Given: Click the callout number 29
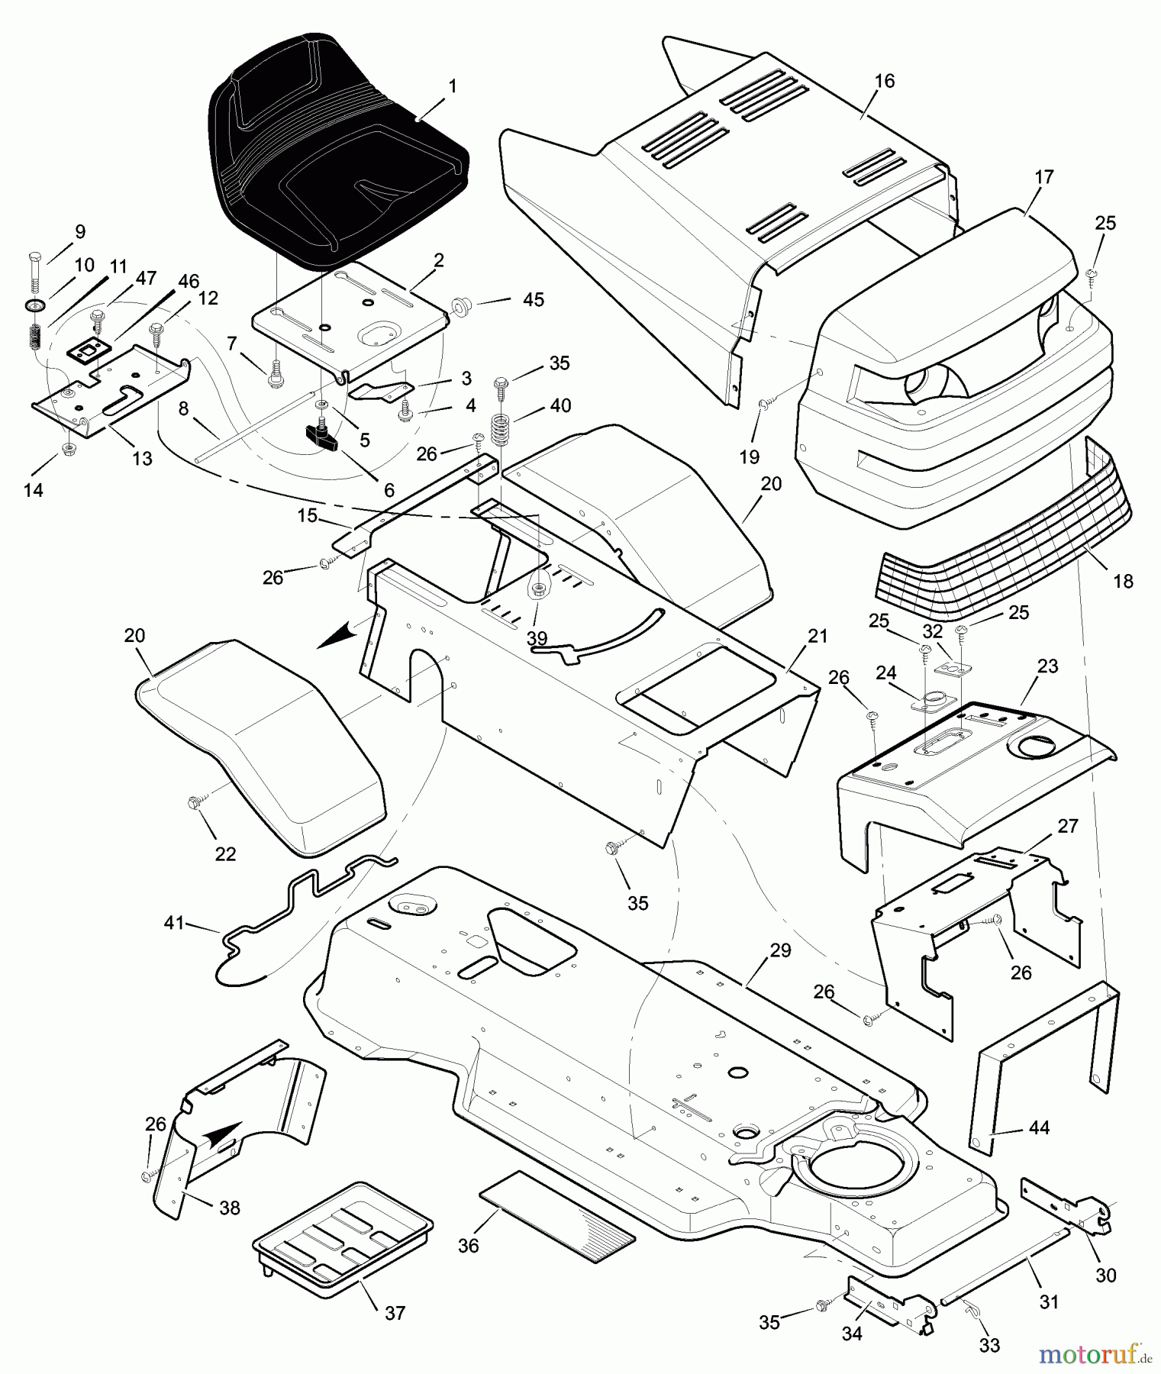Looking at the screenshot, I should (780, 951).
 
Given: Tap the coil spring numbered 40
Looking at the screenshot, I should (500, 431).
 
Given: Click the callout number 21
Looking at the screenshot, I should (817, 637).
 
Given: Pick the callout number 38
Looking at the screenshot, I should (229, 1208).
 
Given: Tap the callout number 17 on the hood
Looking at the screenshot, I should (1043, 178).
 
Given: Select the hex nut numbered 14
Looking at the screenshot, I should (68, 447).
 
